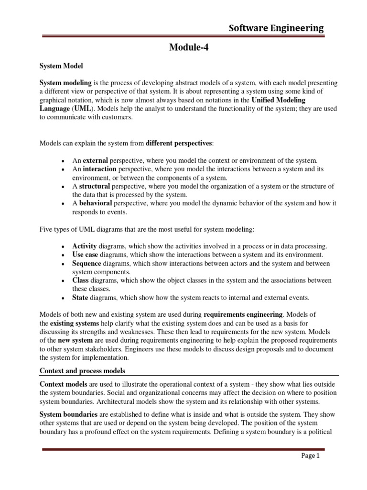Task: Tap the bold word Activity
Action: pos(85,245)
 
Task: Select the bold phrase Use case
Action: pos(85,254)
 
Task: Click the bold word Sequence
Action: pos(86,263)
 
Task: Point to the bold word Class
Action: pos(81,280)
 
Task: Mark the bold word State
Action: pos(81,298)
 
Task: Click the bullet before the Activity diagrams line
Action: pos(64,246)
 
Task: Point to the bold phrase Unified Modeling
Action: pos(278,100)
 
